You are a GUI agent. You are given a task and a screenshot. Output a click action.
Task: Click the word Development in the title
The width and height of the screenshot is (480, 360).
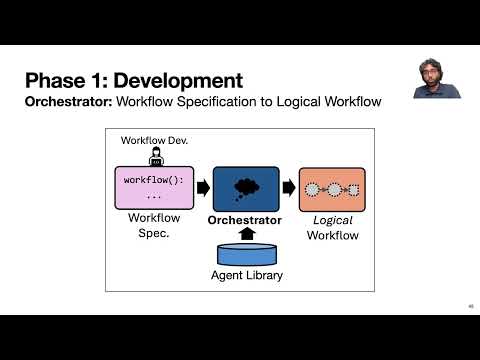pyautogui.click(x=178, y=81)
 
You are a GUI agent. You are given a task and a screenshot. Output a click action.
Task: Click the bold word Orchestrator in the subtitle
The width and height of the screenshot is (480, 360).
pyautogui.click(x=69, y=102)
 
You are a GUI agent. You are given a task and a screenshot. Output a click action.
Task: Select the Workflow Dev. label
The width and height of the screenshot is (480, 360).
pyautogui.click(x=154, y=140)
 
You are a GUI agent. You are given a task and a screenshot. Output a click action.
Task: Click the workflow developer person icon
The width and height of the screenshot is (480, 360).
pyautogui.click(x=156, y=157)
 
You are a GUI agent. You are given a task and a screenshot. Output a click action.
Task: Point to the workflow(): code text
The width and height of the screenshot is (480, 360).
pyautogui.click(x=154, y=180)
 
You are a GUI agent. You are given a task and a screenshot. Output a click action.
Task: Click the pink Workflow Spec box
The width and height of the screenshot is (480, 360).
pyautogui.click(x=154, y=188)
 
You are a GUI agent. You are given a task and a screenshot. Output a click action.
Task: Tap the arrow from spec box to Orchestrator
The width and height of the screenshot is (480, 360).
pyautogui.click(x=203, y=188)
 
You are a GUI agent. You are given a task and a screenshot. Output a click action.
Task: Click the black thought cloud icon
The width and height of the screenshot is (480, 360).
pyautogui.click(x=246, y=189)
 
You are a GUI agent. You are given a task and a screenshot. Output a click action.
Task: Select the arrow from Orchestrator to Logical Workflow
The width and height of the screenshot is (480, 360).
pyautogui.click(x=289, y=188)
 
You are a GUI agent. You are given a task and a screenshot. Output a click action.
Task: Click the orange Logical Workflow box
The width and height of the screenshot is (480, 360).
pyautogui.click(x=332, y=190)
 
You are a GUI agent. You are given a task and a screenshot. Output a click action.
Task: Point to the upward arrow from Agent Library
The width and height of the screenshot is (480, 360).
pyautogui.click(x=247, y=234)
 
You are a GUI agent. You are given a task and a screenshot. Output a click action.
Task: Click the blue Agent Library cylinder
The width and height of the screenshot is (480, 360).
pyautogui.click(x=247, y=255)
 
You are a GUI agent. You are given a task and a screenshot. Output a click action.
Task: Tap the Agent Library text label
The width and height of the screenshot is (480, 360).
pyautogui.click(x=247, y=275)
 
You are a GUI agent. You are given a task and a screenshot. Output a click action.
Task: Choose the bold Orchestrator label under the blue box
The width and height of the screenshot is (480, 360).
pyautogui.click(x=245, y=220)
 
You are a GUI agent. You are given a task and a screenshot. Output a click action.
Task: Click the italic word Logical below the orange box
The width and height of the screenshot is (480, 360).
pyautogui.click(x=333, y=220)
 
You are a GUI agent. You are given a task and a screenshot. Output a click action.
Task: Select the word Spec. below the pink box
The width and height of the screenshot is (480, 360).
pyautogui.click(x=154, y=233)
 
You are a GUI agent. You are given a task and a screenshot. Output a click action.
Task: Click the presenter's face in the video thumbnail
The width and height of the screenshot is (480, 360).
pyautogui.click(x=430, y=71)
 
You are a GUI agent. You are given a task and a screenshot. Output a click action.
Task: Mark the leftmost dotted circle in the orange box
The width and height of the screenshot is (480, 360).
pyautogui.click(x=312, y=190)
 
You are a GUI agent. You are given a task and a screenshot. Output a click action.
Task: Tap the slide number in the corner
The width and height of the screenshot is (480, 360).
pyautogui.click(x=471, y=306)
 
